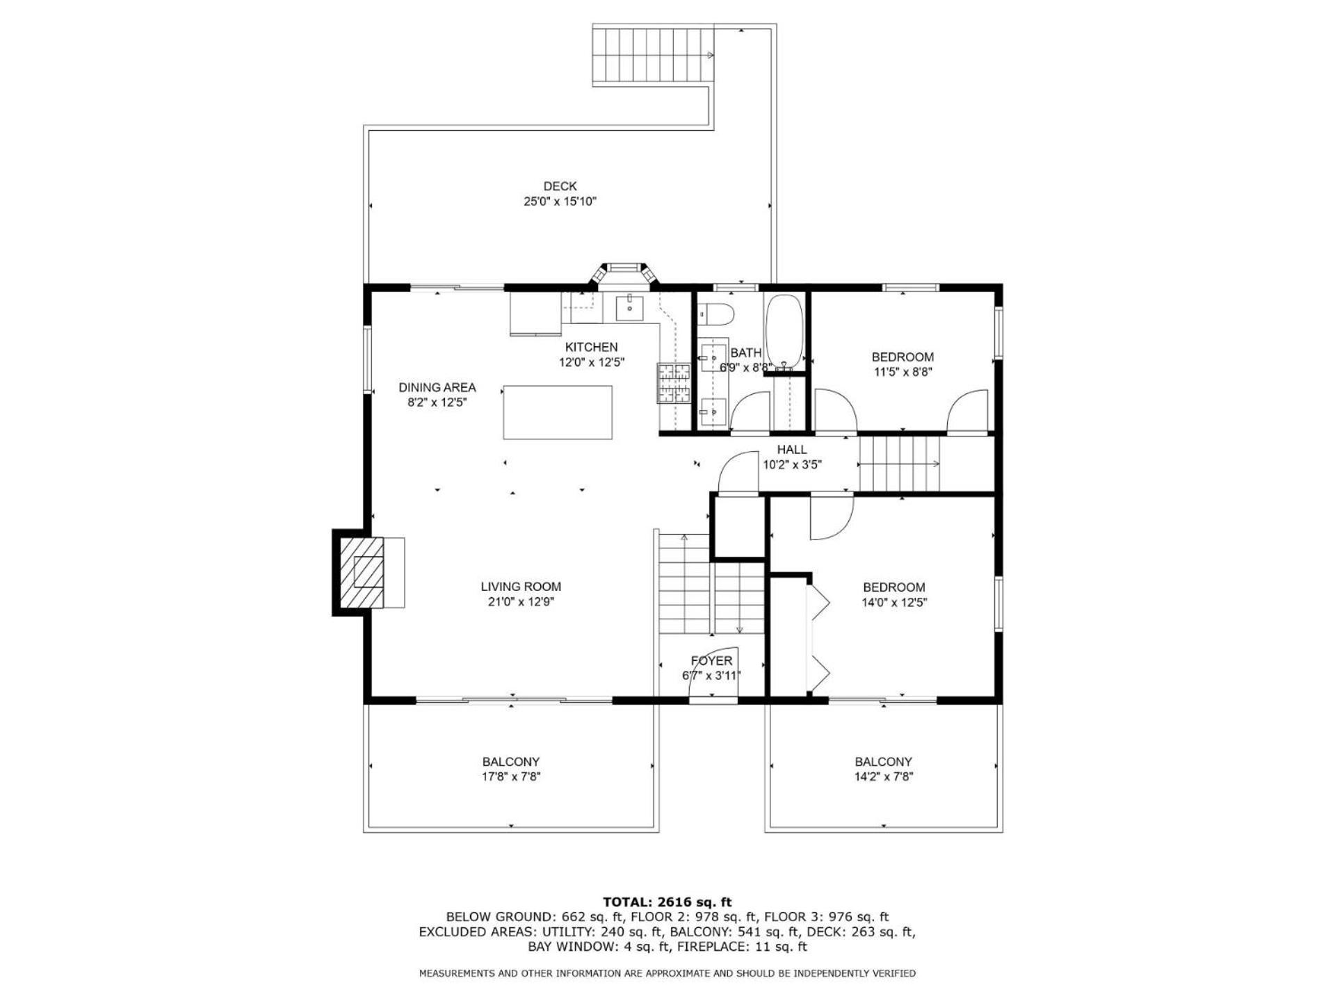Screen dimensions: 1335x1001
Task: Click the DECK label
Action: click(x=560, y=186)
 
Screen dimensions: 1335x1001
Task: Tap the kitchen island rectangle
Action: click(x=558, y=412)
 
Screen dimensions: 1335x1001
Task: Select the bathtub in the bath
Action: click(x=784, y=332)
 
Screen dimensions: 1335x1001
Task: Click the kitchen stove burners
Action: click(x=672, y=383)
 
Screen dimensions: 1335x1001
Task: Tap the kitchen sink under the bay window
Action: click(x=630, y=307)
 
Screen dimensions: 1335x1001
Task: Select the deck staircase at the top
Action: click(x=654, y=55)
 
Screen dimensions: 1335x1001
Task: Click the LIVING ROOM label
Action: click(x=521, y=587)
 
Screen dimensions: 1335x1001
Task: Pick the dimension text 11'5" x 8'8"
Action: click(x=903, y=372)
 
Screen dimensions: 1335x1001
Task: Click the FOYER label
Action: click(x=711, y=660)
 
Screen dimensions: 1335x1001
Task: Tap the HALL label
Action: click(x=792, y=450)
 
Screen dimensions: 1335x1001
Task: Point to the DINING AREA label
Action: click(x=437, y=387)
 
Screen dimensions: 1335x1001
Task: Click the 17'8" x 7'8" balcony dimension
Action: click(x=511, y=776)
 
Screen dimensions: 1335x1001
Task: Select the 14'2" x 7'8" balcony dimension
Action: click(x=883, y=776)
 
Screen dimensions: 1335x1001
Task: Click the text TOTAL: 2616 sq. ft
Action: click(x=667, y=902)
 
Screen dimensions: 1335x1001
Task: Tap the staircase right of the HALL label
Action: click(x=900, y=464)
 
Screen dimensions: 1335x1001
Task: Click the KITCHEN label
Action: click(x=591, y=347)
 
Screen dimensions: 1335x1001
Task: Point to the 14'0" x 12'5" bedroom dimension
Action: click(x=894, y=603)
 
